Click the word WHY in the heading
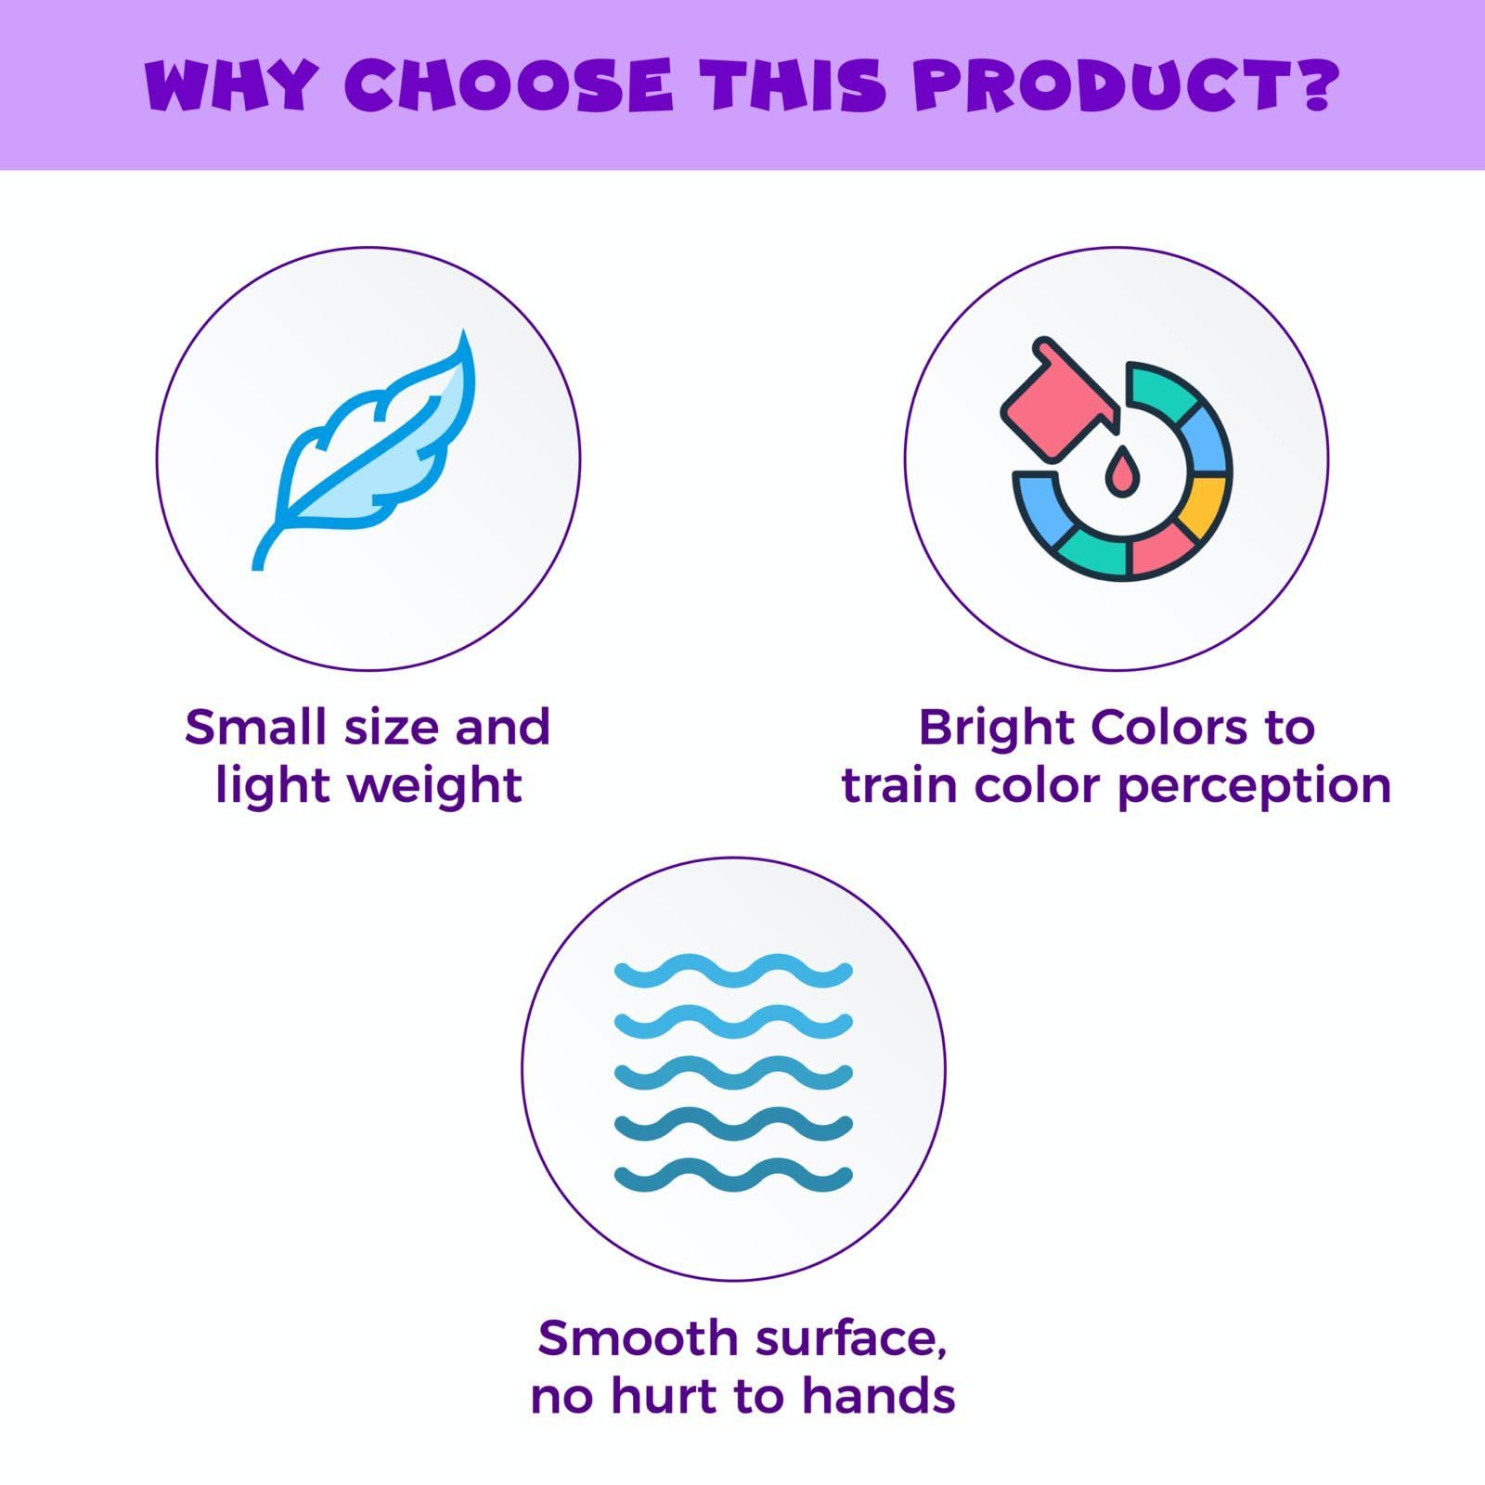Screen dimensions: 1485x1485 (x=232, y=85)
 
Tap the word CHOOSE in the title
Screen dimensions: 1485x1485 (x=509, y=85)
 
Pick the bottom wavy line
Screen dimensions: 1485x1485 (x=733, y=1178)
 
